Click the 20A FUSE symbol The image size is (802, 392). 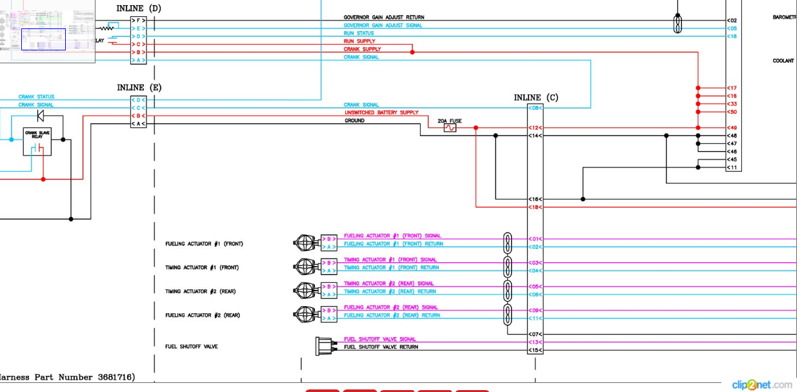(450, 128)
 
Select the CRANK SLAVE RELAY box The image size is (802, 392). (37, 141)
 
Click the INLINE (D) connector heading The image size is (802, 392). (139, 8)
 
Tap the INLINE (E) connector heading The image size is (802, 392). (139, 87)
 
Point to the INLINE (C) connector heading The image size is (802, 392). (536, 98)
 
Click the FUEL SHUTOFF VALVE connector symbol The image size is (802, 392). (325, 346)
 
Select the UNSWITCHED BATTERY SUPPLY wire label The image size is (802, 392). (381, 112)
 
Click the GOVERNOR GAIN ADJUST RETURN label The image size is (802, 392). (383, 17)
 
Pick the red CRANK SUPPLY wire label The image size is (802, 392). (362, 49)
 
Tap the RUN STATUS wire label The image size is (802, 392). (359, 33)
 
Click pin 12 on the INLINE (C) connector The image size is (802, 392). (535, 128)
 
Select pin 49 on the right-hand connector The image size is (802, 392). (732, 128)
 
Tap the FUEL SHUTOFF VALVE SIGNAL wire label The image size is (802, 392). (379, 339)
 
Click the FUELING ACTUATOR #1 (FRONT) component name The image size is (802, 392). (204, 244)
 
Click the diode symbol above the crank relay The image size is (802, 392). (41, 116)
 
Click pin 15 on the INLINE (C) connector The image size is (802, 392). (535, 350)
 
